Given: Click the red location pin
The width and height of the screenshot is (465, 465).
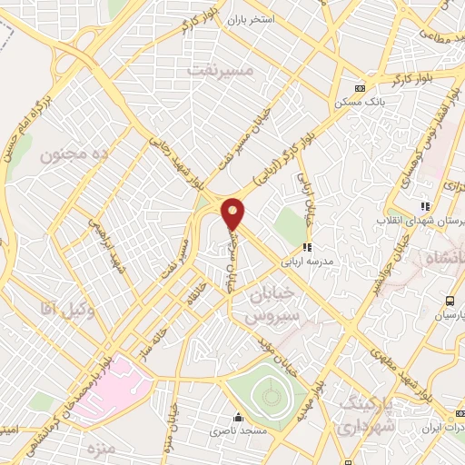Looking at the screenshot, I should click(x=233, y=213).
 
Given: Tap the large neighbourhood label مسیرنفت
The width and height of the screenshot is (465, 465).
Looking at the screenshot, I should click(x=215, y=69).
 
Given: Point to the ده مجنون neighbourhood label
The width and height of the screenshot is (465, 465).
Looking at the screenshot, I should click(x=74, y=155).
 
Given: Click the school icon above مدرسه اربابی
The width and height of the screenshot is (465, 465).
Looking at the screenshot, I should click(x=307, y=246).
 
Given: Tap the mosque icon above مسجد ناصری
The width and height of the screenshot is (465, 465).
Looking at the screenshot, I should click(x=238, y=418).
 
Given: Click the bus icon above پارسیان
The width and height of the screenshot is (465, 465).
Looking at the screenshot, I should click(x=449, y=301).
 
